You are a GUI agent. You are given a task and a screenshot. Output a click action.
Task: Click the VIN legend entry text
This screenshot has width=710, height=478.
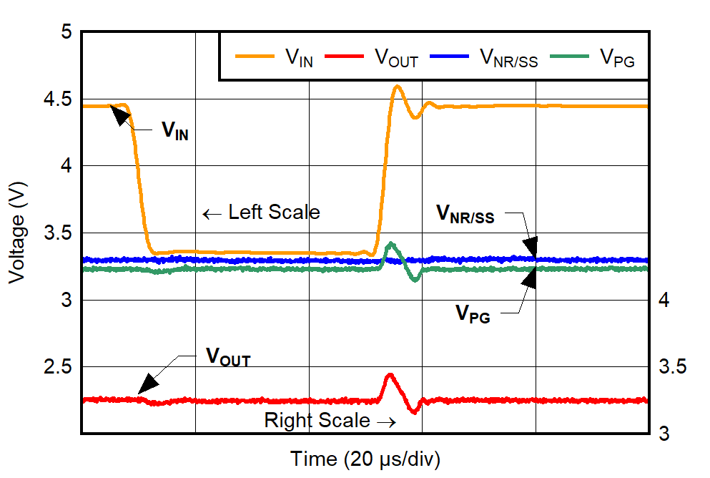[x=299, y=57]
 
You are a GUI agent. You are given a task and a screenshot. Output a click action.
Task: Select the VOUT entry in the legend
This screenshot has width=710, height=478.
[x=396, y=57]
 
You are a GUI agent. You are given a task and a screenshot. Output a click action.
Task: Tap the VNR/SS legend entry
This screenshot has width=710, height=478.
[x=508, y=57]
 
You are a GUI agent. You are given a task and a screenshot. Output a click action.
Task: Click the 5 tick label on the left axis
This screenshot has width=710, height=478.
[x=66, y=32]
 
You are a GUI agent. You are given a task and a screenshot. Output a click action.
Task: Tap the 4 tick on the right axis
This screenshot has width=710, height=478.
[x=664, y=300]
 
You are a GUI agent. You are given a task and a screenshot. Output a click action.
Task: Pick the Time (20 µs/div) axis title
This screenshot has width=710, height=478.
[x=365, y=458]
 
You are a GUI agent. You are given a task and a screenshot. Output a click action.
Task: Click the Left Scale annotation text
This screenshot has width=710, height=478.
[x=273, y=213]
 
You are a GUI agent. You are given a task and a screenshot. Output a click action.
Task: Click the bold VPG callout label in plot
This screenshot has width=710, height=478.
[x=473, y=313]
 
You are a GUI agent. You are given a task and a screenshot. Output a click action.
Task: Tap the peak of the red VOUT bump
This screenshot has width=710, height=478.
[x=390, y=374]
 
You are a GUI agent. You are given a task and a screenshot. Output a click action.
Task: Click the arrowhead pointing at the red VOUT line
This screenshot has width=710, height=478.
[x=143, y=386]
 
